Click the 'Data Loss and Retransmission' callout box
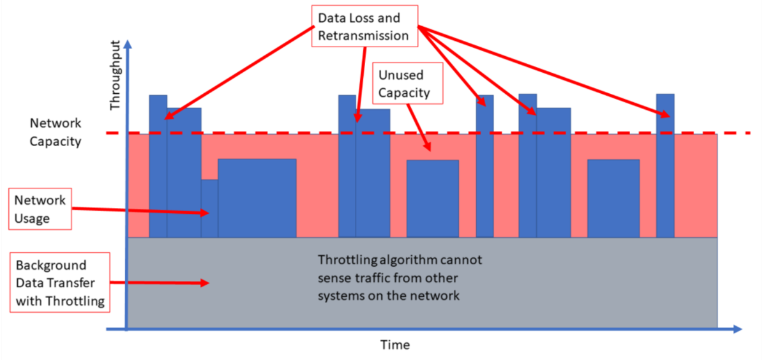click(364, 26)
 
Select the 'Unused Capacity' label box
click(408, 83)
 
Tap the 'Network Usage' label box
click(40, 209)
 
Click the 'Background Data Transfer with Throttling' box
click(60, 282)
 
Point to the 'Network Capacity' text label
click(56, 132)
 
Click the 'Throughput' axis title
click(116, 75)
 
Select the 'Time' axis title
click(395, 345)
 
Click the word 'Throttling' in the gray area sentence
click(347, 260)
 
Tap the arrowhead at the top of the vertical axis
click(128, 44)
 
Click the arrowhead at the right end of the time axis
click(738, 329)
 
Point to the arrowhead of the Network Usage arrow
click(204, 213)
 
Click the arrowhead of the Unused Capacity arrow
click(427, 147)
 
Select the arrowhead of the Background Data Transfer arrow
click(204, 283)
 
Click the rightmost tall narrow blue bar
click(665, 165)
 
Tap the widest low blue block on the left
click(257, 198)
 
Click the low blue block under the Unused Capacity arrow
click(433, 199)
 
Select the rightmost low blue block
click(613, 199)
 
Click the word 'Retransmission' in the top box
click(363, 36)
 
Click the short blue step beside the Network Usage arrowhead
click(209, 208)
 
